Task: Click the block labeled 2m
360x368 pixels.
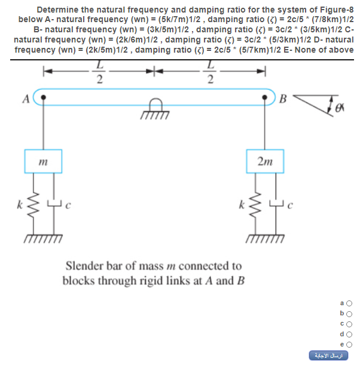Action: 265,160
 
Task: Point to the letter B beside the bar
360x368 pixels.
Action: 284,99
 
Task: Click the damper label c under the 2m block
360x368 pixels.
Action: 291,206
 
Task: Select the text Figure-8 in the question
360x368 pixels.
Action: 334,10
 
